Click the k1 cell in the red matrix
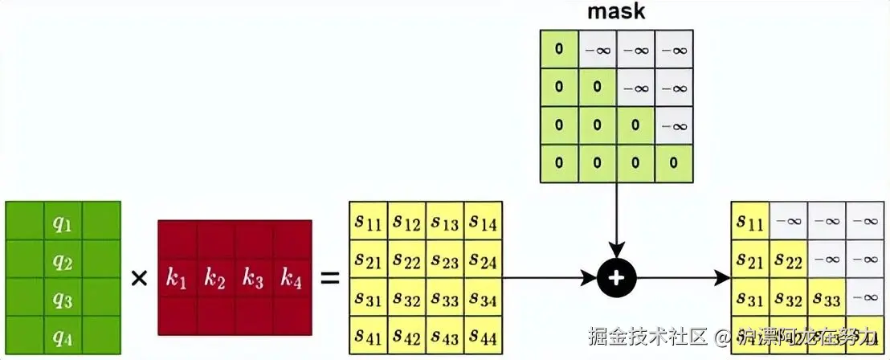pos(177,279)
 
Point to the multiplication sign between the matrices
pos(139,279)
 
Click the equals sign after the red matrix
pos(329,279)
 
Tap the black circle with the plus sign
pos(616,278)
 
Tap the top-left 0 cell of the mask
pos(559,49)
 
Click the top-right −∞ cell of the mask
pos(673,49)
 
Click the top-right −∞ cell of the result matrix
pos(865,220)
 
